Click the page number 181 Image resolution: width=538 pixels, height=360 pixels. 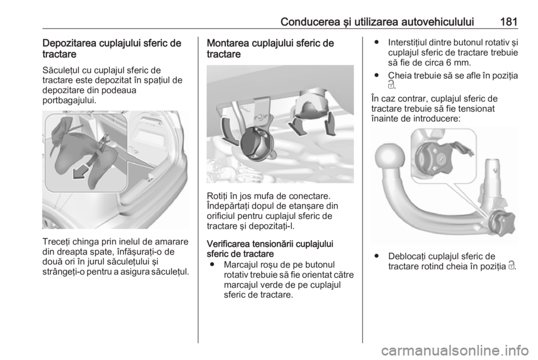[508, 22]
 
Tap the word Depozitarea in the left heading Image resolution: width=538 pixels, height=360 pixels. [69, 43]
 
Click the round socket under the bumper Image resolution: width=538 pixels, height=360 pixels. [257, 144]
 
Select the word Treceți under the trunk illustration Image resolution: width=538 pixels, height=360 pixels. [55, 242]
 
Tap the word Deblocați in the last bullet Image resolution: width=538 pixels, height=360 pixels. [407, 256]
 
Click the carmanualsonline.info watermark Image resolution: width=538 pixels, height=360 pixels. [454, 350]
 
